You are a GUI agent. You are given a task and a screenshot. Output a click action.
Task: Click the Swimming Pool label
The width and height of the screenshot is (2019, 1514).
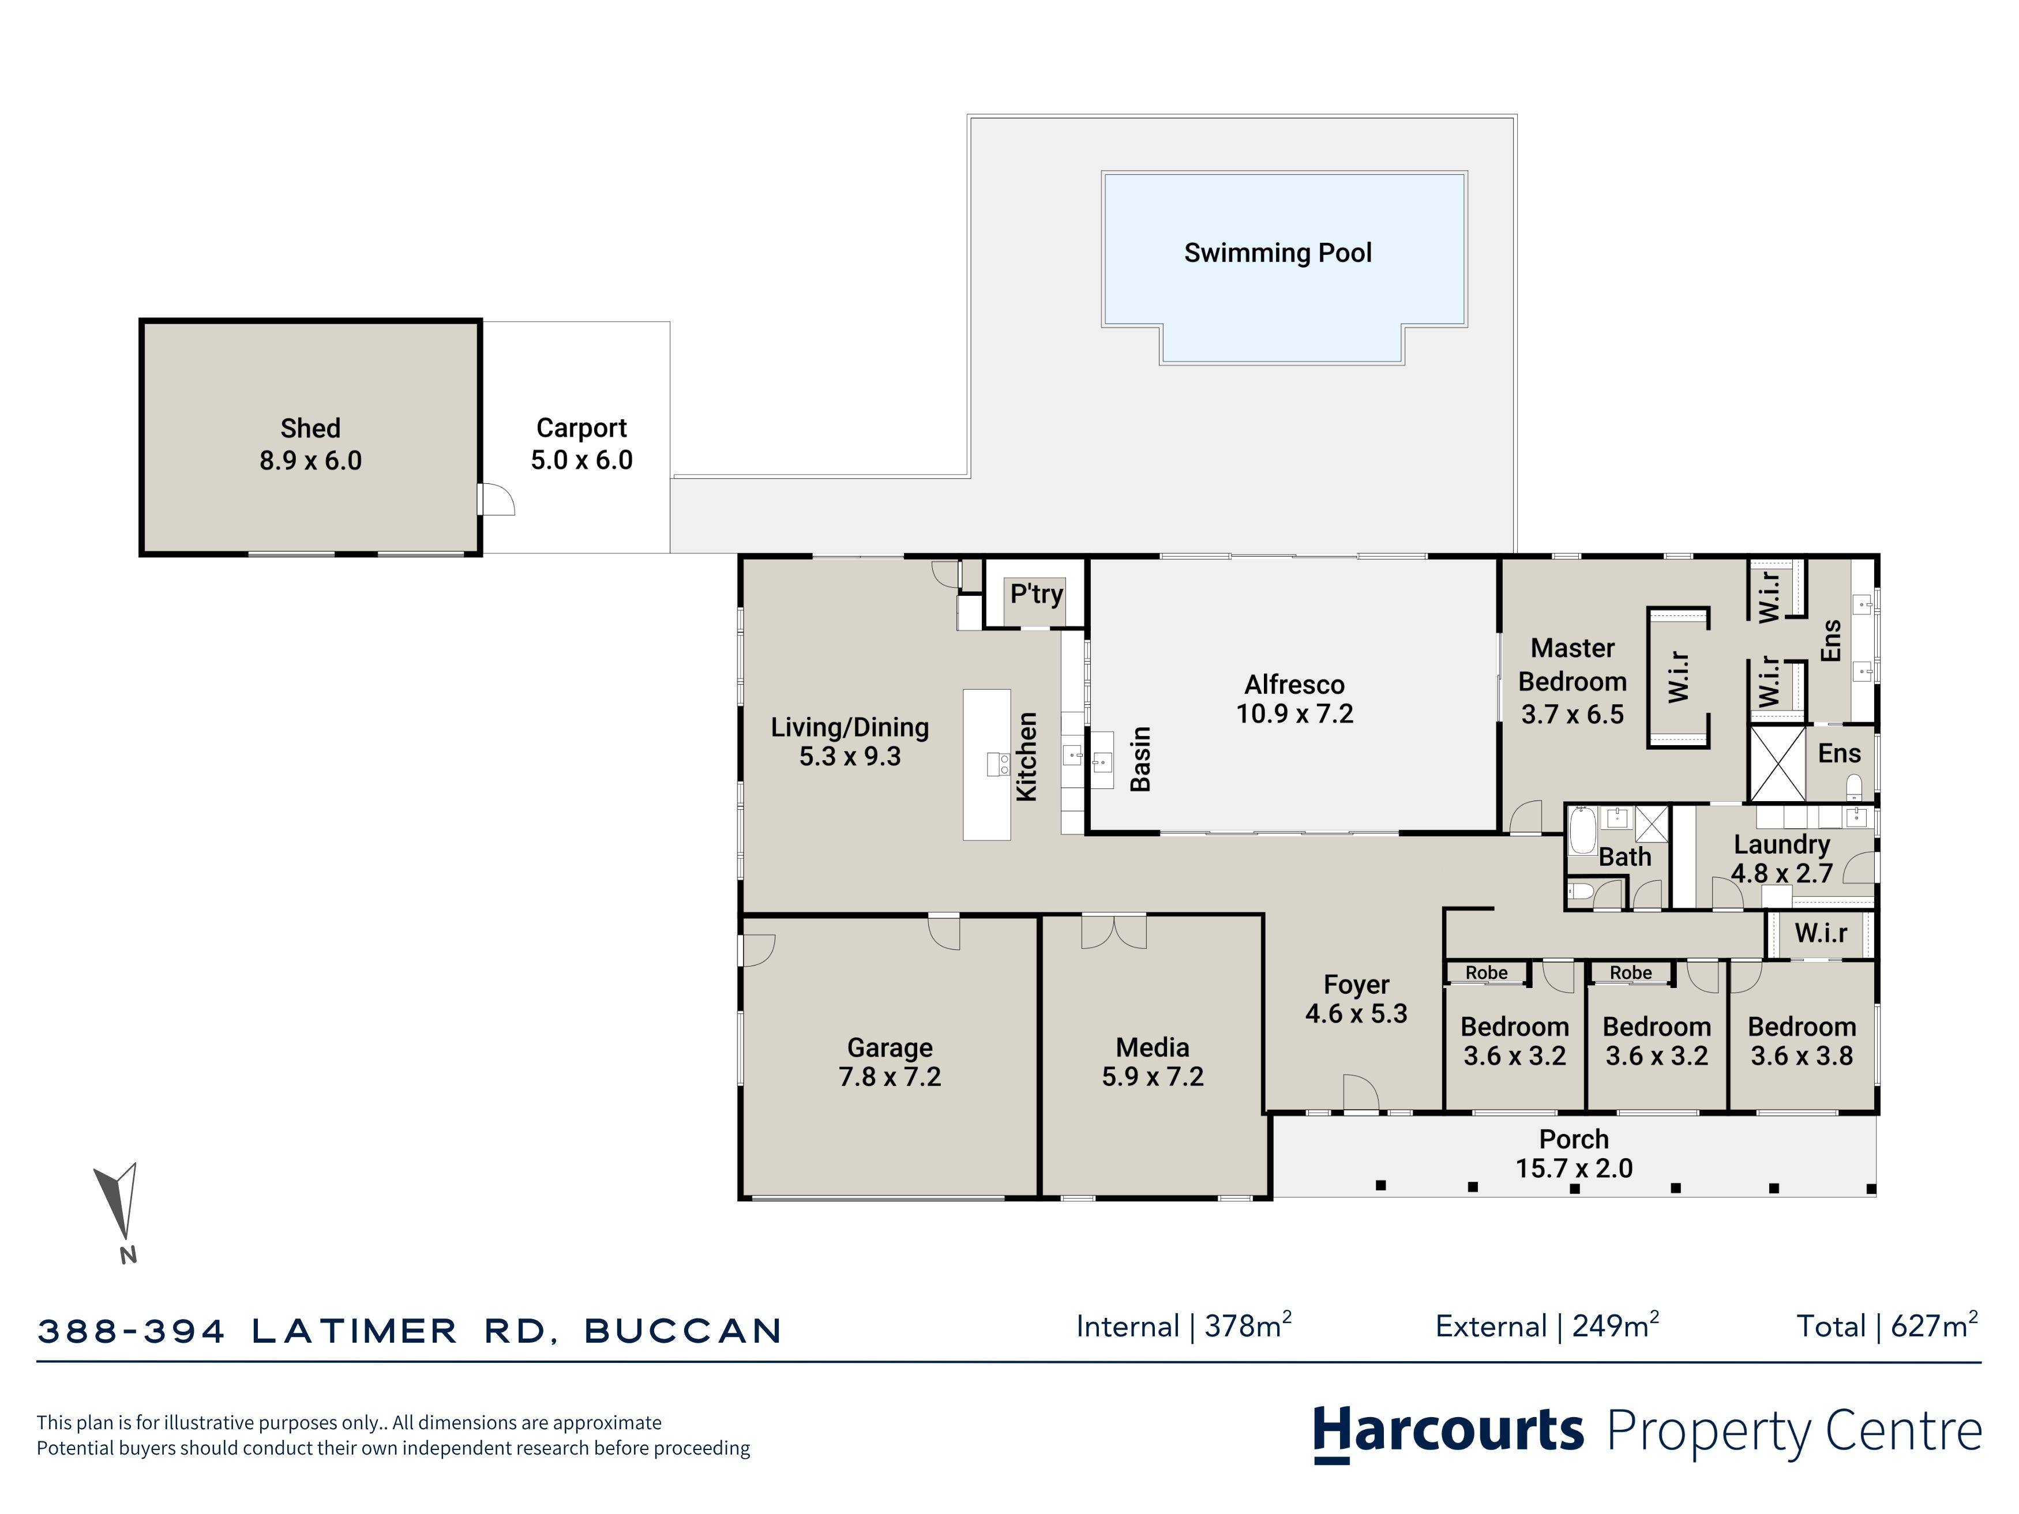pyautogui.click(x=1278, y=253)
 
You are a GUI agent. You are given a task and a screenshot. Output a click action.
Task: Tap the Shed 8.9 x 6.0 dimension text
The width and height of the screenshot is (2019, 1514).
pyautogui.click(x=310, y=461)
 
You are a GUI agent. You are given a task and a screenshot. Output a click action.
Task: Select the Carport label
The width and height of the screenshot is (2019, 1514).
pyautogui.click(x=581, y=428)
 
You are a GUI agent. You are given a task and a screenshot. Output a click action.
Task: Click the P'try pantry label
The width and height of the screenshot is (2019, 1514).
pyautogui.click(x=1036, y=594)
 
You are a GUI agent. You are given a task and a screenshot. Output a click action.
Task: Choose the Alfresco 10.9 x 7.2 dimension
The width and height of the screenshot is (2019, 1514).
pyautogui.click(x=1294, y=713)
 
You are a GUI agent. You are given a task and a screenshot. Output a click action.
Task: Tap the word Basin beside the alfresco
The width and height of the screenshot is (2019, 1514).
pyautogui.click(x=1140, y=758)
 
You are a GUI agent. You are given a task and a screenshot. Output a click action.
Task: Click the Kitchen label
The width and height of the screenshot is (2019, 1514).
pyautogui.click(x=1027, y=757)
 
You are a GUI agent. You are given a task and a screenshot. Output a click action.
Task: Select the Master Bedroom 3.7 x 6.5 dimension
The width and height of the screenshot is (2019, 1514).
pyautogui.click(x=1572, y=715)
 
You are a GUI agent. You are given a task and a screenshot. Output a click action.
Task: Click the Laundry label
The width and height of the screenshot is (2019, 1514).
pyautogui.click(x=1782, y=844)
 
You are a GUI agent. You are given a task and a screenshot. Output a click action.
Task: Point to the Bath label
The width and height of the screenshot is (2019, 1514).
pyautogui.click(x=1624, y=857)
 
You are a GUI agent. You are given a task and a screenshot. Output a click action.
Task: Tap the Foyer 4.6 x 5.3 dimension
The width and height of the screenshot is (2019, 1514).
pyautogui.click(x=1356, y=1014)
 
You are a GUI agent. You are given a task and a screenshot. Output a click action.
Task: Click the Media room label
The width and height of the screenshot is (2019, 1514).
pyautogui.click(x=1152, y=1047)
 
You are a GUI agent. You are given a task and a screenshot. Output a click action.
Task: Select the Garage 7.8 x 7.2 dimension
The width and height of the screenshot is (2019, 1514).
pyautogui.click(x=890, y=1077)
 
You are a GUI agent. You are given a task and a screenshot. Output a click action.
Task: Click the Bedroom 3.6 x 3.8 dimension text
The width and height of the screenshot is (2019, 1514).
pyautogui.click(x=1802, y=1056)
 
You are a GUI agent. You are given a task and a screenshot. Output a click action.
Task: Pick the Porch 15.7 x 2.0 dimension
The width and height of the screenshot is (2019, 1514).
pyautogui.click(x=1574, y=1168)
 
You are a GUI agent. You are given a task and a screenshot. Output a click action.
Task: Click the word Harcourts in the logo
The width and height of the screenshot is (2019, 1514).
pyautogui.click(x=1448, y=1431)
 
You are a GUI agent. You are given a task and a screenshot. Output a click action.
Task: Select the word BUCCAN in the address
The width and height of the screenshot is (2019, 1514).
pyautogui.click(x=683, y=1331)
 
